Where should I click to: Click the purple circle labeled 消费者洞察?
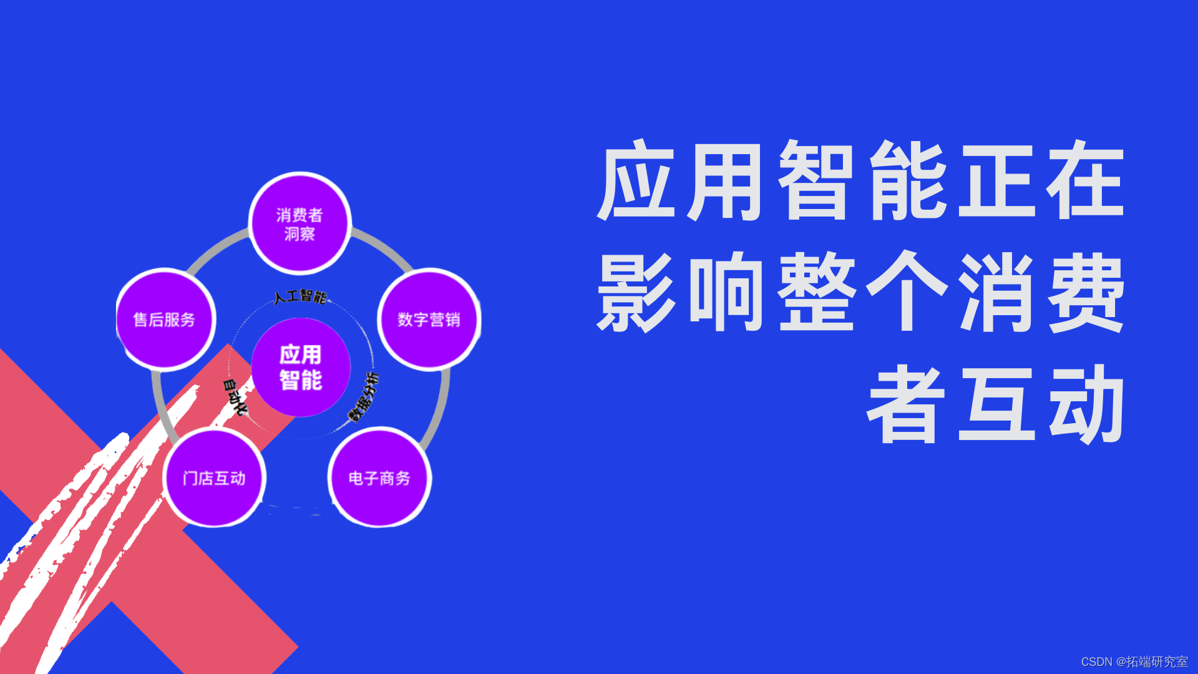point(300,223)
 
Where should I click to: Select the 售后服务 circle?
point(165,320)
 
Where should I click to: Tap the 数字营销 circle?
point(429,320)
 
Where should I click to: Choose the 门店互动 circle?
point(215,477)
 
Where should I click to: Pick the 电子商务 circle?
point(379,477)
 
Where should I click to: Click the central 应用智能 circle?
point(301,367)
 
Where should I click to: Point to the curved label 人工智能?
point(300,296)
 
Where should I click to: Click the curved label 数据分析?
point(364,397)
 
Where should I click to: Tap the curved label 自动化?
point(235,397)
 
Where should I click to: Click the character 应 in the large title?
point(636,181)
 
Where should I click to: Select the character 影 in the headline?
point(636,292)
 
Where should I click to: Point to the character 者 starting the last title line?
point(906,404)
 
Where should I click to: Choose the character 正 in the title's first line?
point(997,181)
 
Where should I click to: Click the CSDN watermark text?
point(1134,662)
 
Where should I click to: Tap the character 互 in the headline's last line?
point(997,404)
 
